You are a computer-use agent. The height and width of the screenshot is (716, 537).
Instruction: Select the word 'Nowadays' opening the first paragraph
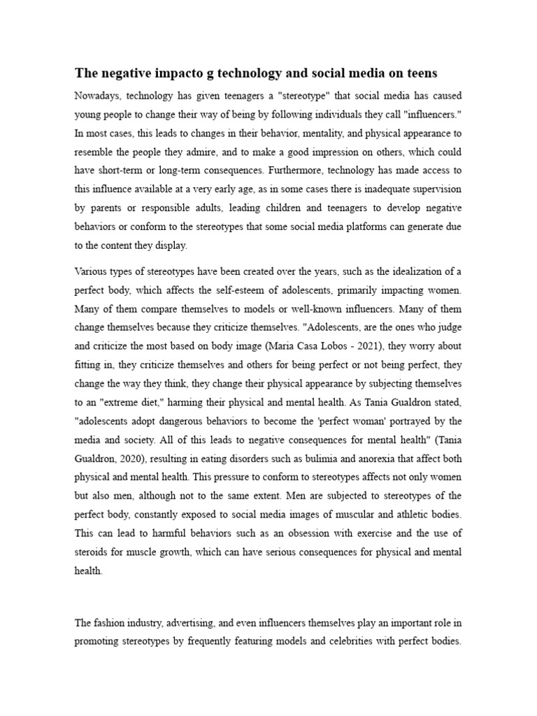click(99, 95)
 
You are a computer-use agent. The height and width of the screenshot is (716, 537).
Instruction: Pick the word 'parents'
click(108, 208)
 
